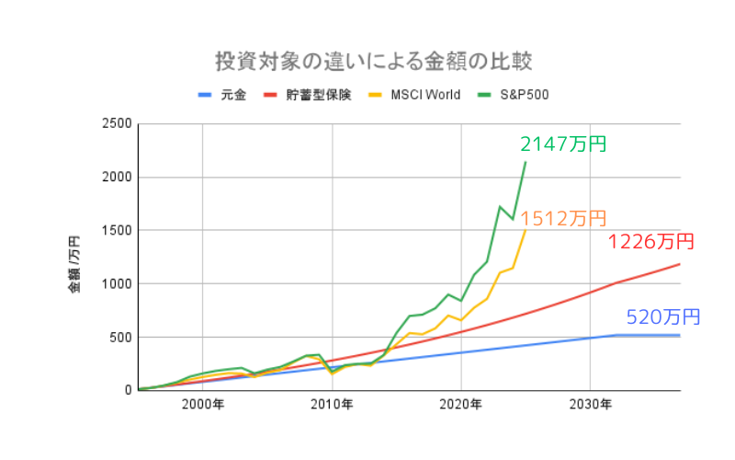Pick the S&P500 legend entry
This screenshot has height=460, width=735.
(524, 95)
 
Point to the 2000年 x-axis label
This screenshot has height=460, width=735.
(203, 404)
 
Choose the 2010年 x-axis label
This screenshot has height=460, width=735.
(332, 404)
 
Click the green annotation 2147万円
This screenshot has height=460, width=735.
(563, 144)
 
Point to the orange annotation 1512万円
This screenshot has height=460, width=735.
(563, 218)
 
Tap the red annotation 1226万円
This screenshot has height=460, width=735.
(650, 242)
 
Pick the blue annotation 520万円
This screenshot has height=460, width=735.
(663, 317)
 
